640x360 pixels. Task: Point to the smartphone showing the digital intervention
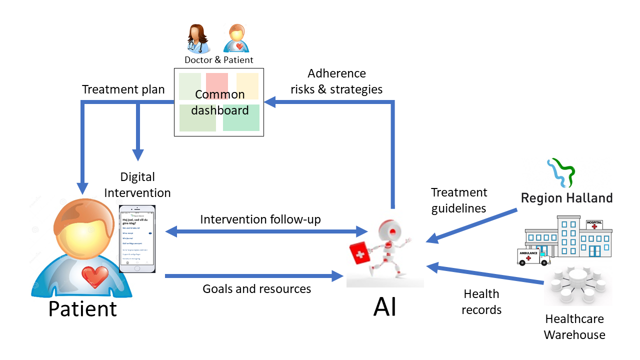pyautogui.click(x=137, y=238)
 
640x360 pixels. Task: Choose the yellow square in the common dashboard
pyautogui.click(x=247, y=85)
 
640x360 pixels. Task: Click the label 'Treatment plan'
pyautogui.click(x=123, y=89)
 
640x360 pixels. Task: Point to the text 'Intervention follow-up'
pyautogui.click(x=260, y=219)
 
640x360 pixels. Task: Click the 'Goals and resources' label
pyautogui.click(x=256, y=288)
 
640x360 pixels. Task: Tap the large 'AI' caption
pyautogui.click(x=385, y=307)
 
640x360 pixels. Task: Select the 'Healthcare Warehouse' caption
pyautogui.click(x=574, y=327)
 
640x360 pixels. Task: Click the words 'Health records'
pyautogui.click(x=481, y=302)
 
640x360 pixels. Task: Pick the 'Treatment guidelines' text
pyautogui.click(x=459, y=200)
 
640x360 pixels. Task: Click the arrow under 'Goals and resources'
pyautogui.click(x=254, y=275)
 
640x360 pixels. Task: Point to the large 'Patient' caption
pyautogui.click(x=82, y=308)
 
